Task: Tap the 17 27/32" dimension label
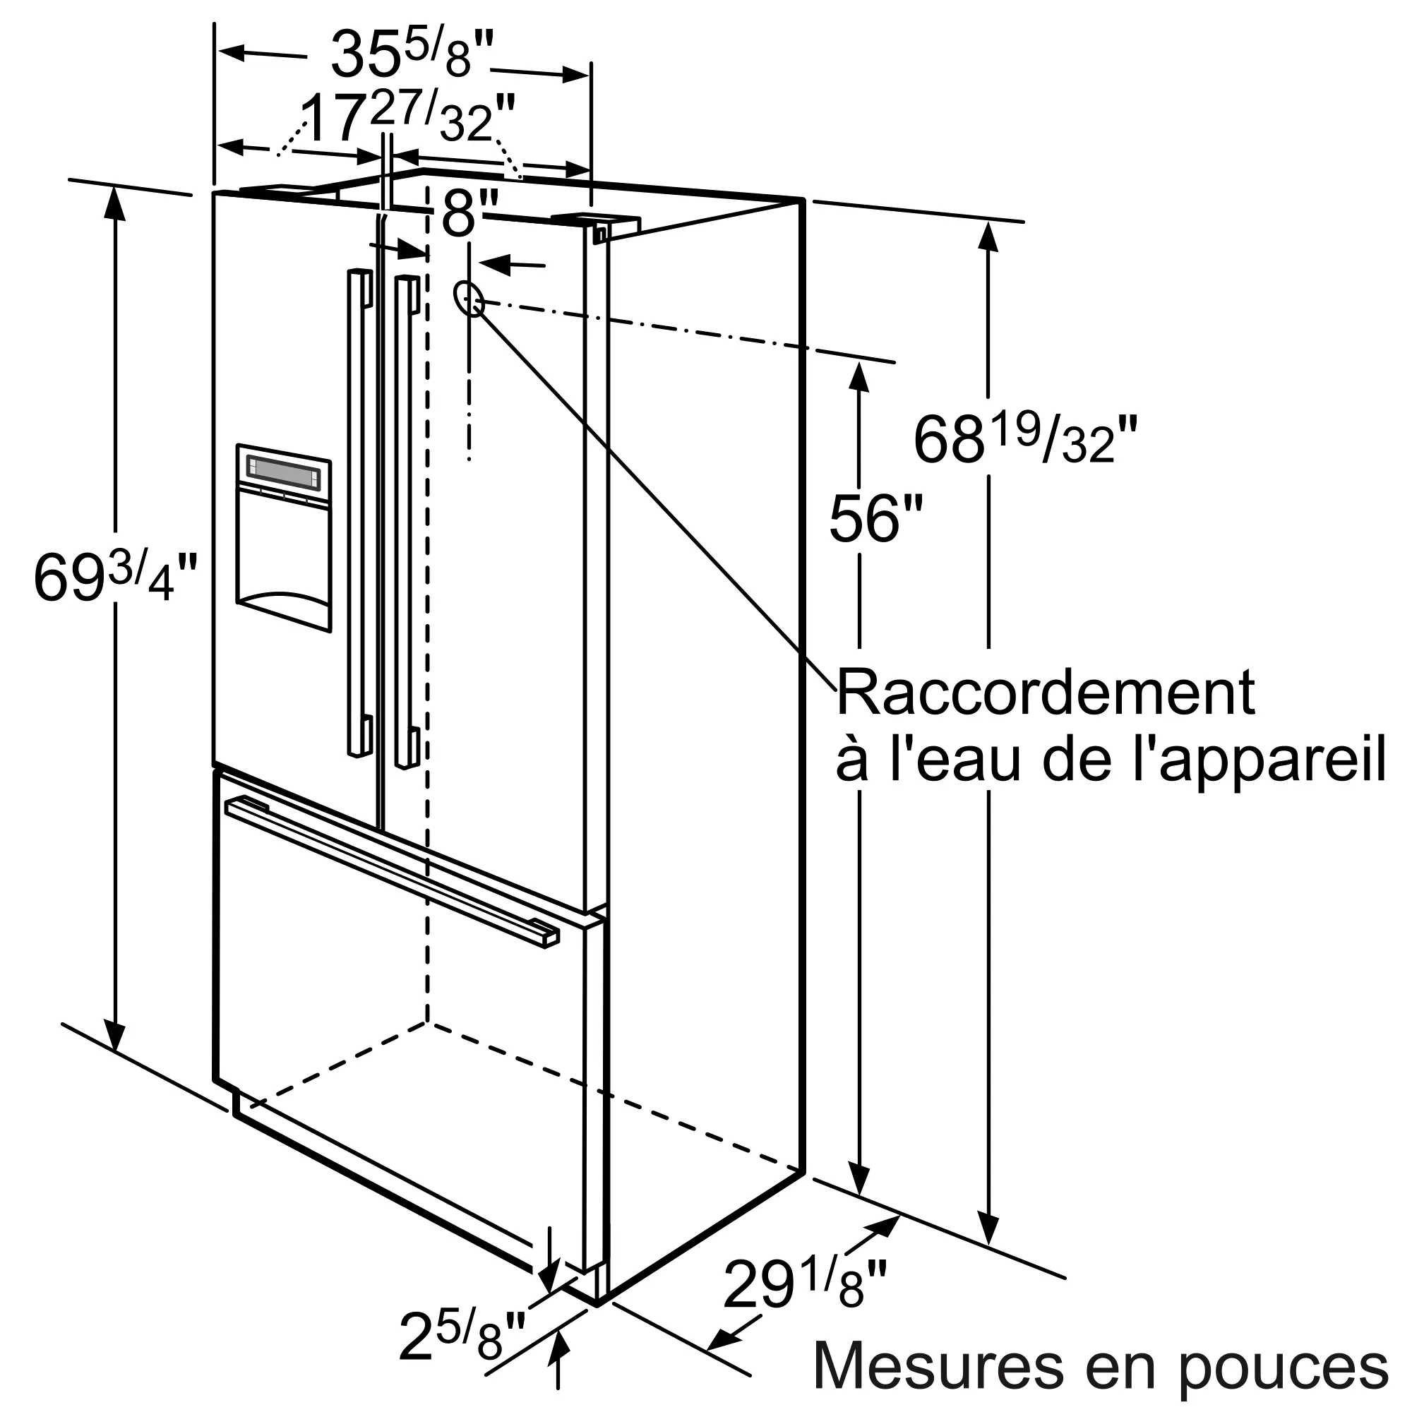coord(407,117)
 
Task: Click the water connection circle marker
coord(469,298)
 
